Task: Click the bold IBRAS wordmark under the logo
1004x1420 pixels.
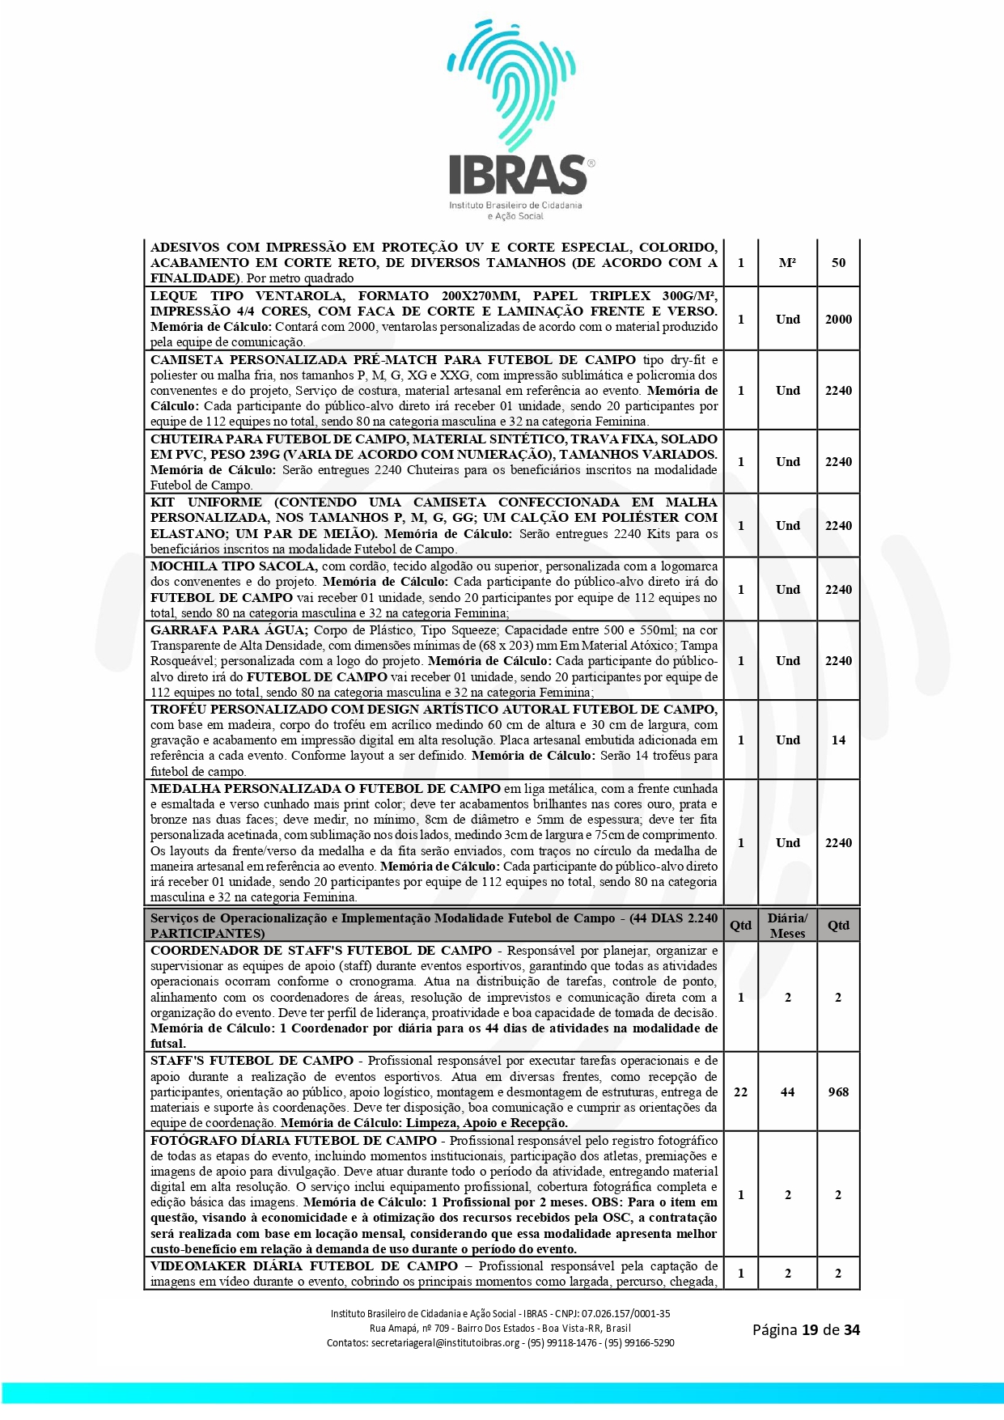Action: pos(518,175)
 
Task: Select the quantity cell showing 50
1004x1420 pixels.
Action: pos(838,263)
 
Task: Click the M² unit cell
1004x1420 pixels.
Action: pos(787,263)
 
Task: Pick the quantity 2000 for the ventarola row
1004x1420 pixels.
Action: pos(838,320)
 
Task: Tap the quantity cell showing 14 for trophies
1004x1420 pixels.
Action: pos(838,740)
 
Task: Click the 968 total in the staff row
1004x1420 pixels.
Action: pos(838,1092)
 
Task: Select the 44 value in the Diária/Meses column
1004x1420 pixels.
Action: pos(787,1092)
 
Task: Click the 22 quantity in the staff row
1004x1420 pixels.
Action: pos(740,1092)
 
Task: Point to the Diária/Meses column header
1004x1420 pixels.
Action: pos(787,926)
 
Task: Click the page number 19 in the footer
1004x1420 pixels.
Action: pos(810,1330)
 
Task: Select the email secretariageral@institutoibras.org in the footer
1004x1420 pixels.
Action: pos(445,1343)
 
